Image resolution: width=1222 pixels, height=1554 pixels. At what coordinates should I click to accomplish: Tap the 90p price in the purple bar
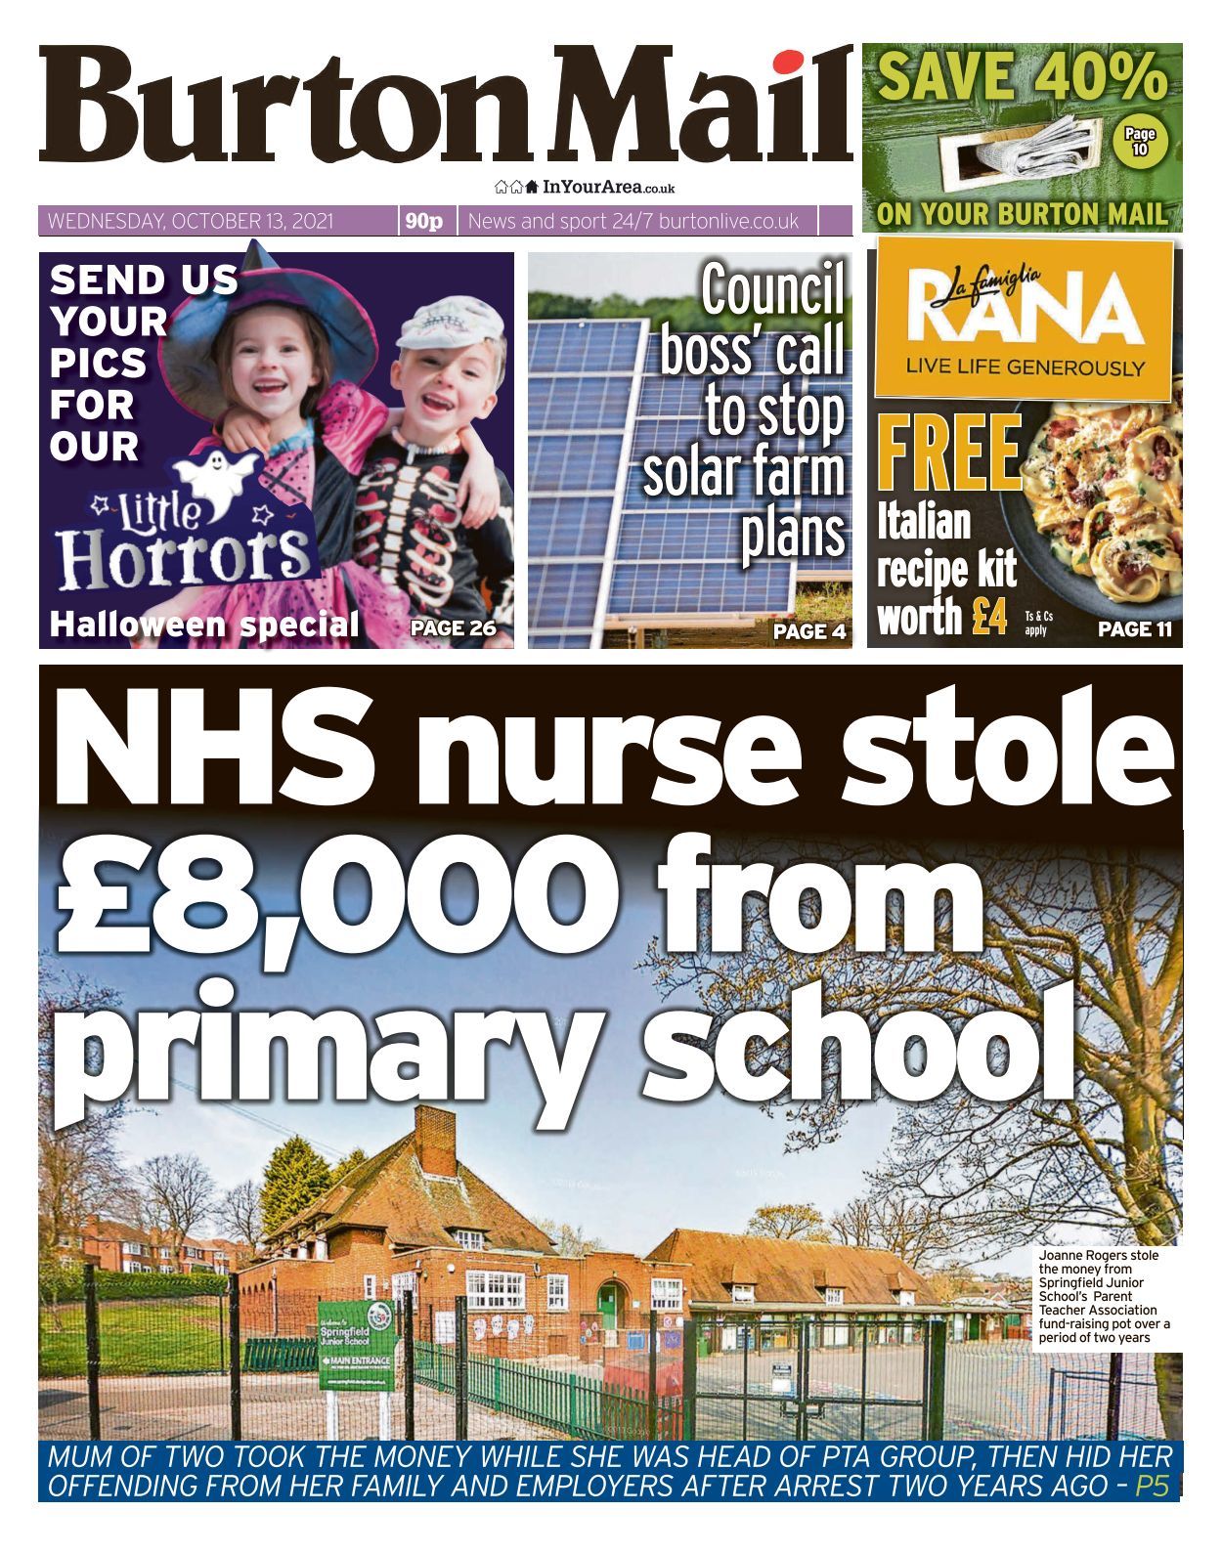point(423,222)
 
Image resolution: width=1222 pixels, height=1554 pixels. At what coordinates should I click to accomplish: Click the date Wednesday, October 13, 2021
point(191,222)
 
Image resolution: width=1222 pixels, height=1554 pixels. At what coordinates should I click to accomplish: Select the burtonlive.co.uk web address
point(729,222)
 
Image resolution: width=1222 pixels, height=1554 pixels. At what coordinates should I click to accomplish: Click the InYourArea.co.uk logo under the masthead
point(585,187)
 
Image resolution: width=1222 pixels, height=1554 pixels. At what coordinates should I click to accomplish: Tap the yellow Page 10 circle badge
point(1139,142)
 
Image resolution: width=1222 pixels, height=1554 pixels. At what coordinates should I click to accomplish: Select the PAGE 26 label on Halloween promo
point(454,628)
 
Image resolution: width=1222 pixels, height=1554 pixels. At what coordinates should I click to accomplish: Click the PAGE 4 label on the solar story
point(809,631)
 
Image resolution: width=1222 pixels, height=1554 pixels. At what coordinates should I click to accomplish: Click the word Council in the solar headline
point(771,290)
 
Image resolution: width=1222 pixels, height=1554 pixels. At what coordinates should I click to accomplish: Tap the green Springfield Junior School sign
point(356,1344)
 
